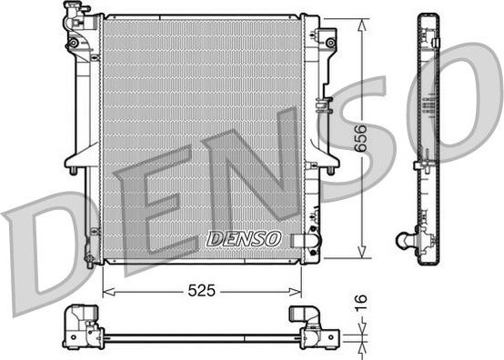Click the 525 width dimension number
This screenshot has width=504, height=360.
[x=202, y=291]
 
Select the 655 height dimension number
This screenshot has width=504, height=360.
[x=362, y=136]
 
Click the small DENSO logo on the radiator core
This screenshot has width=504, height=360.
[x=244, y=239]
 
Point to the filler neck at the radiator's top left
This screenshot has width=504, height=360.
[x=71, y=13]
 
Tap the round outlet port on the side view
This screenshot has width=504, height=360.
[x=403, y=241]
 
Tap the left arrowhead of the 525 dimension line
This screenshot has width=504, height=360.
[x=106, y=291]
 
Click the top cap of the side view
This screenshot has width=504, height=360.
[x=428, y=16]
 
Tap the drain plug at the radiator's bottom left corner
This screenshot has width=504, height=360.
[x=88, y=260]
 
